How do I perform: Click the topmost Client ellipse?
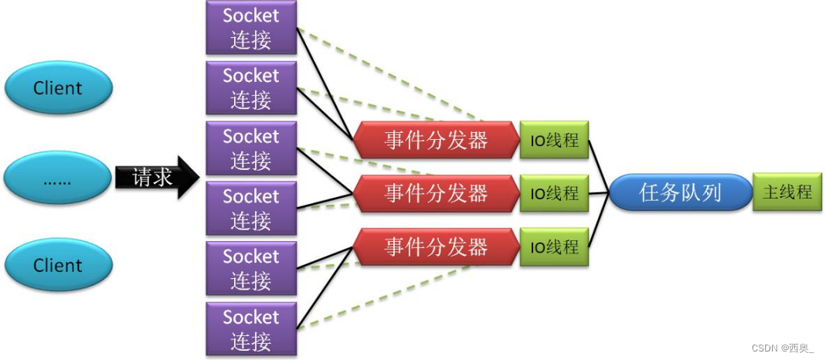(58, 88)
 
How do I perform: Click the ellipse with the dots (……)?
(58, 181)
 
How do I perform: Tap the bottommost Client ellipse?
(58, 266)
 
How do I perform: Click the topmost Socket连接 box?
(251, 27)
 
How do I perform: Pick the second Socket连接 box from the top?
(251, 87)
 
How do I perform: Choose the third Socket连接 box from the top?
(251, 148)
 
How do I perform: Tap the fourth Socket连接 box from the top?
(251, 209)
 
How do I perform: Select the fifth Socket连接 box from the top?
(251, 268)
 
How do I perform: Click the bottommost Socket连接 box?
(251, 329)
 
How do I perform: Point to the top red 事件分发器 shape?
(437, 140)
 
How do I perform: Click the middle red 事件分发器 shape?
(437, 192)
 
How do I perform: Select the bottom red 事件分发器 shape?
(437, 246)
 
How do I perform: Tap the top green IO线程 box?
(554, 140)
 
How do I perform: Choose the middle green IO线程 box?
(554, 192)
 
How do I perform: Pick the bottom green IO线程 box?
(554, 246)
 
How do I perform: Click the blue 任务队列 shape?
(680, 192)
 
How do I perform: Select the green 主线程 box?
(787, 192)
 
